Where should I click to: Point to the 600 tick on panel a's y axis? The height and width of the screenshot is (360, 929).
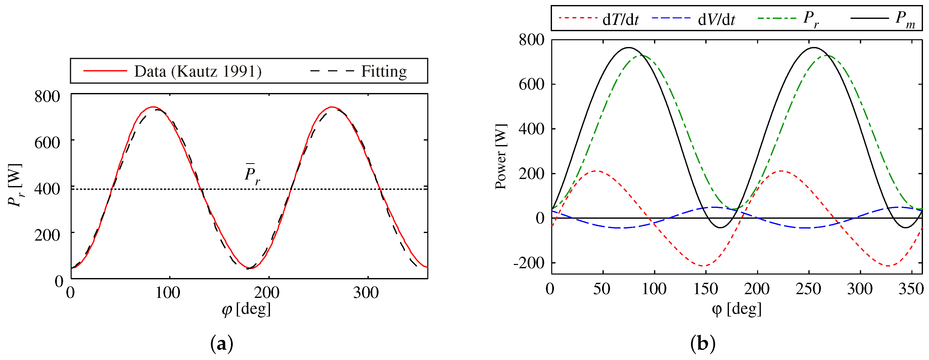pyautogui.click(x=47, y=143)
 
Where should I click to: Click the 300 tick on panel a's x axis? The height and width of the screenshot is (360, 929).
pyautogui.click(x=366, y=292)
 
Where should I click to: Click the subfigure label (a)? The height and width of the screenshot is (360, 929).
pyautogui.click(x=221, y=344)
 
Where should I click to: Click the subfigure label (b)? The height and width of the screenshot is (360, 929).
pyautogui.click(x=703, y=344)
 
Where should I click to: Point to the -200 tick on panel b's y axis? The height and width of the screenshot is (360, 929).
pyautogui.click(x=528, y=263)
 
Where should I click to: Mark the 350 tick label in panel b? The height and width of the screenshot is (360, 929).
pyautogui.click(x=911, y=289)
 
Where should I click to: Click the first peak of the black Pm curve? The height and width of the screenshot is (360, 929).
pyautogui.click(x=629, y=48)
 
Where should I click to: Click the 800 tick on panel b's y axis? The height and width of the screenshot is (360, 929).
pyautogui.click(x=531, y=40)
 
